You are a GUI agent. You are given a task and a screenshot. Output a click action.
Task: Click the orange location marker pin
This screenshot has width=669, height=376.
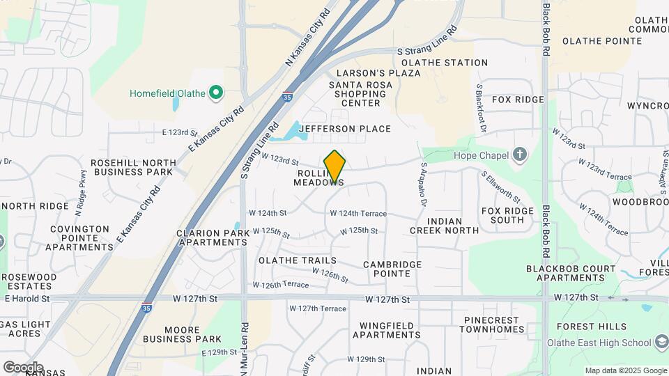[335, 167]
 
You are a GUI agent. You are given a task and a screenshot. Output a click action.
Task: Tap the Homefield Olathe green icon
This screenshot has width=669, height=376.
[216, 93]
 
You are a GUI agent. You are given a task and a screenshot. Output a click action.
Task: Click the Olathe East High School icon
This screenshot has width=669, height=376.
[661, 342]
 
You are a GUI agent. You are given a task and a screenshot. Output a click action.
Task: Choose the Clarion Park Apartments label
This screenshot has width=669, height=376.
[212, 238]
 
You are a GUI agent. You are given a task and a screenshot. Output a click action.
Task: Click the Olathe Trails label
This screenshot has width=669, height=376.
[298, 260]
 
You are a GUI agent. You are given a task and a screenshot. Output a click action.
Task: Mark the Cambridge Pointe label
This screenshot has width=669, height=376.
[392, 269]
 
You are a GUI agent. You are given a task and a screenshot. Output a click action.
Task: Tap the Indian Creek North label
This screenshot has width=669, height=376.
[444, 230]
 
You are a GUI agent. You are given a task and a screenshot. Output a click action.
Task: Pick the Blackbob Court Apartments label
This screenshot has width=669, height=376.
[571, 273]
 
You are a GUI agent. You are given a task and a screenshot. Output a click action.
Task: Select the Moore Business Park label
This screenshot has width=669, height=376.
[192, 334]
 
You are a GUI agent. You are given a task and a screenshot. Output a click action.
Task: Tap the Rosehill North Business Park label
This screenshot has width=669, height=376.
[132, 167]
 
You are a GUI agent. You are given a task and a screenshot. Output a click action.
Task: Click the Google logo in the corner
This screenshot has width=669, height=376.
[22, 367]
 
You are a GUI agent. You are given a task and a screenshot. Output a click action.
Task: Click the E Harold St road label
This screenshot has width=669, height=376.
[26, 299]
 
